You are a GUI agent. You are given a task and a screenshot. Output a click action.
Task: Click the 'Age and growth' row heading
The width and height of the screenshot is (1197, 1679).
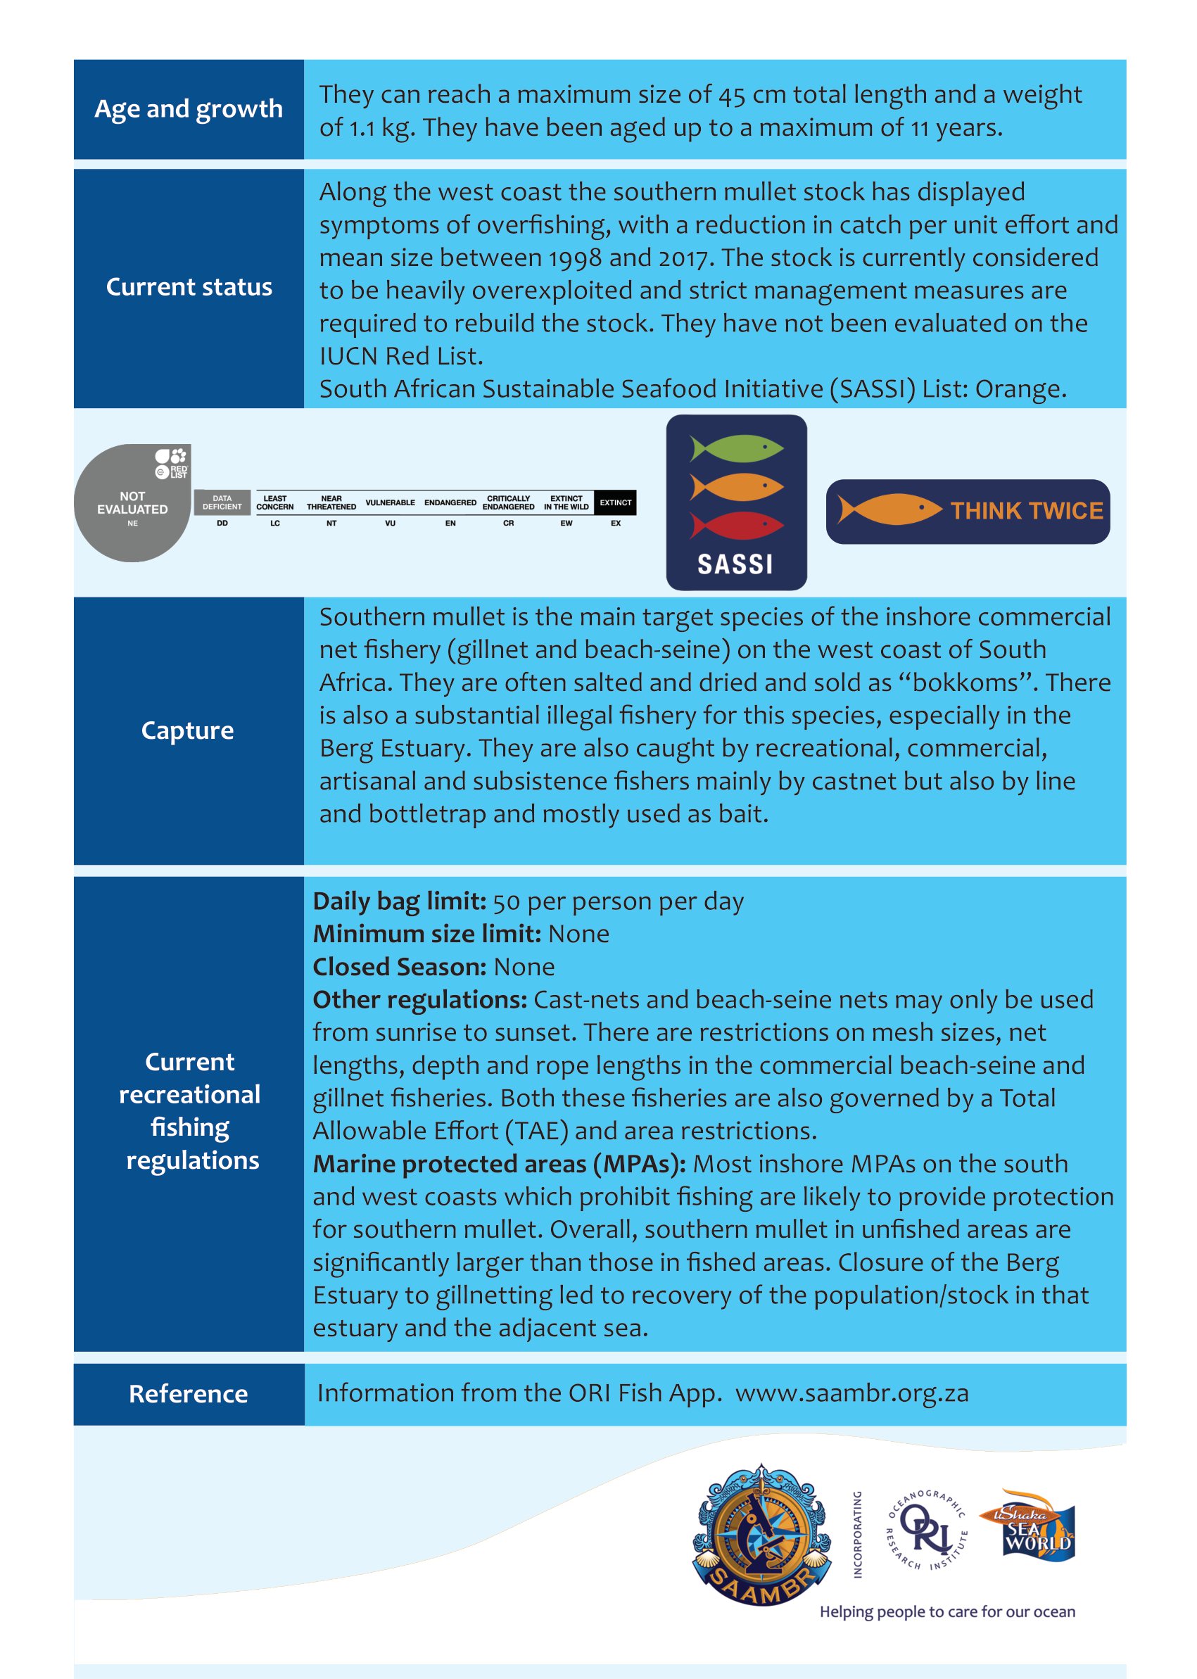(x=189, y=109)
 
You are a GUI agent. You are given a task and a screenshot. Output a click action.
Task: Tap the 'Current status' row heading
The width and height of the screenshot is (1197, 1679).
(x=189, y=286)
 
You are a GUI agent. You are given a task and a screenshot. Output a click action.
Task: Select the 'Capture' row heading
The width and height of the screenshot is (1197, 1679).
(x=187, y=730)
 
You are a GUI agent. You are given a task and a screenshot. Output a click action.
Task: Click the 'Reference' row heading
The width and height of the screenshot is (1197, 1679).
(x=188, y=1394)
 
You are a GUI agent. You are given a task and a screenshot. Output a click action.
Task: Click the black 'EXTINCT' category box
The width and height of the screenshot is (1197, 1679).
(x=615, y=502)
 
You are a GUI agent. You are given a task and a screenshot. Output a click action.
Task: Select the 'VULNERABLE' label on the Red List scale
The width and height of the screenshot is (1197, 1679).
(x=390, y=502)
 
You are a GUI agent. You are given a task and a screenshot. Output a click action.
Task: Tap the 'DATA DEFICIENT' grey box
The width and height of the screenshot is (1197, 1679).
(x=222, y=502)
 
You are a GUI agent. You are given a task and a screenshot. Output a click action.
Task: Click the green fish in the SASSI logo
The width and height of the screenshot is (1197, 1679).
(x=735, y=448)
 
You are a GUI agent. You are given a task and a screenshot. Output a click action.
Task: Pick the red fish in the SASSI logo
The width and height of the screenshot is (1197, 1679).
(x=735, y=526)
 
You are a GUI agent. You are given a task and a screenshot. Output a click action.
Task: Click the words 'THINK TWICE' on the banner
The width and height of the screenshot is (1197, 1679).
(x=1026, y=511)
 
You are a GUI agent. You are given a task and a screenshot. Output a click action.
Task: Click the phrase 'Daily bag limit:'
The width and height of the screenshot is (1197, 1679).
(x=399, y=901)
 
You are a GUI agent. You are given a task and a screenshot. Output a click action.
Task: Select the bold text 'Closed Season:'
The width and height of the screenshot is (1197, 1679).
(x=399, y=967)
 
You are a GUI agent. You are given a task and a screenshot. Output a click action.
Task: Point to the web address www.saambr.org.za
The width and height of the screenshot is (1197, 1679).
(x=851, y=1393)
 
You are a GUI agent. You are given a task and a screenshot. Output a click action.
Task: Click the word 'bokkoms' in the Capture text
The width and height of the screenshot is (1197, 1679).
(x=965, y=683)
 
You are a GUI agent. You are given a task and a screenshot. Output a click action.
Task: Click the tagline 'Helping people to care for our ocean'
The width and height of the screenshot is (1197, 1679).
(x=947, y=1612)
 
